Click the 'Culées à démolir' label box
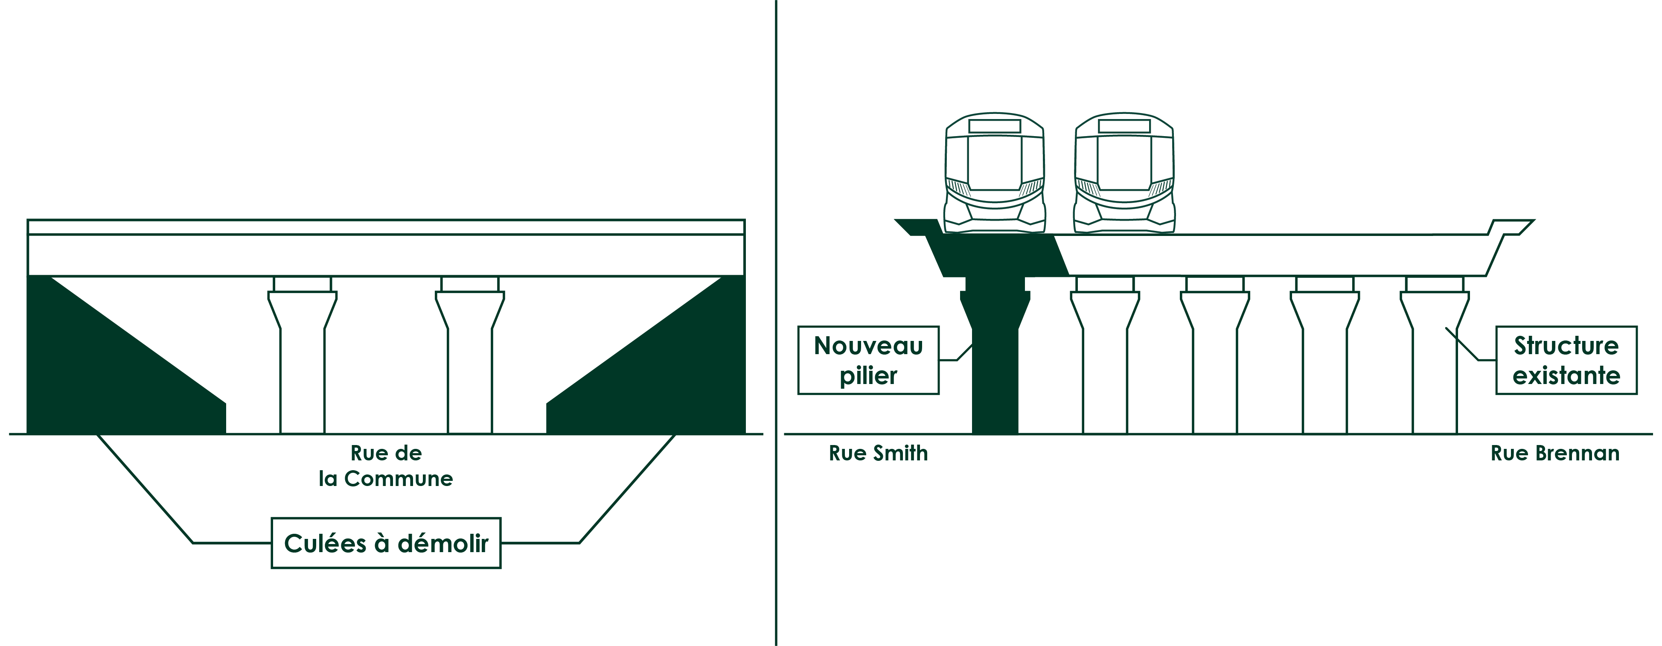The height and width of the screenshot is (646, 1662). click(386, 543)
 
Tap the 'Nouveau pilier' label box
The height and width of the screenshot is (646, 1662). click(868, 360)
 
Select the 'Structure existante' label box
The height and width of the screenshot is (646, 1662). click(1566, 360)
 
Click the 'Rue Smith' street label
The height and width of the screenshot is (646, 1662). click(878, 453)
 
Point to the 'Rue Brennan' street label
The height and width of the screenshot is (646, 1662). click(1555, 453)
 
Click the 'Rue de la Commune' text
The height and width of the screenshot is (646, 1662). click(386, 466)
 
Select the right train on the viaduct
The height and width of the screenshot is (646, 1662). click(1124, 173)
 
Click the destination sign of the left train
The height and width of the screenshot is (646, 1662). click(994, 126)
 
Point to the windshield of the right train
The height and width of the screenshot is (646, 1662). click(1124, 163)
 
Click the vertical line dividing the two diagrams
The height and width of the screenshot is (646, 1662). click(775, 323)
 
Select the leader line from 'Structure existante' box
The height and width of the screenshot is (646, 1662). click(1470, 345)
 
